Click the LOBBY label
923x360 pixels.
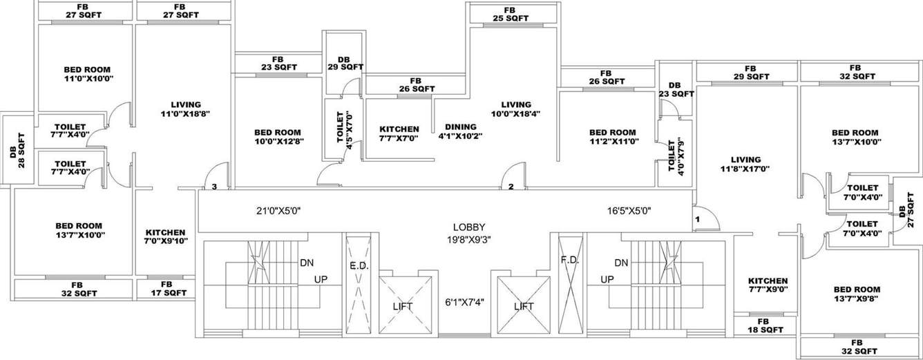click(468, 227)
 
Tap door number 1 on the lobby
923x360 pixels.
click(698, 219)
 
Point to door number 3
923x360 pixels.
click(215, 187)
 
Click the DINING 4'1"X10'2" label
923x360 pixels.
click(460, 131)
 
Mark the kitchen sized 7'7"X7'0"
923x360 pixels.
click(399, 134)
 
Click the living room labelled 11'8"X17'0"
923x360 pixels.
click(744, 164)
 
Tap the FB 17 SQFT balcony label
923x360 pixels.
click(166, 289)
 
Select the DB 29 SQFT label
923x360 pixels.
click(344, 64)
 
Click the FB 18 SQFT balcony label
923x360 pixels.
click(762, 326)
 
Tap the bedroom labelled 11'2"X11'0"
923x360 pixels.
click(613, 137)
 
